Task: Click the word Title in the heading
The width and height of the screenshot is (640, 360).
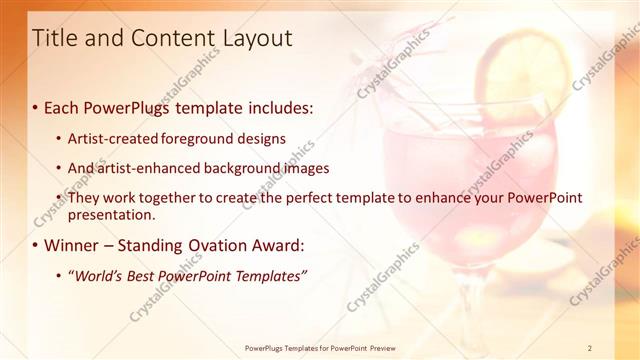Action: tap(57, 39)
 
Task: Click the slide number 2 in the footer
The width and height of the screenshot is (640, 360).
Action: tap(590, 348)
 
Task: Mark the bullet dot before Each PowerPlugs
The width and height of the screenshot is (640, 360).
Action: tap(36, 106)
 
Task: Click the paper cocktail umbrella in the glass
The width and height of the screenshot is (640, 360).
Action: tap(389, 60)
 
